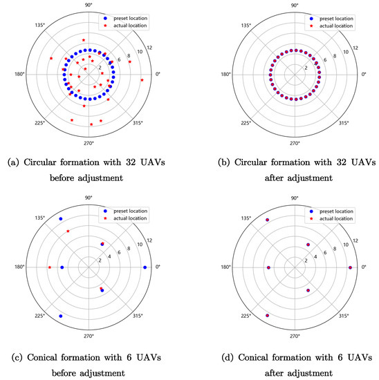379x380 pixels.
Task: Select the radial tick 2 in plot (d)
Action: click(306, 261)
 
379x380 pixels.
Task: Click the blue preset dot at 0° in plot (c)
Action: click(145, 267)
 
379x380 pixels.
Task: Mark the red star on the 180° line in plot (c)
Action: click(49, 267)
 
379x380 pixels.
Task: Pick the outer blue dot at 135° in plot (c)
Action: click(61, 219)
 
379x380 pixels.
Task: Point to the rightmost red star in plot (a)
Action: click(142, 81)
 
